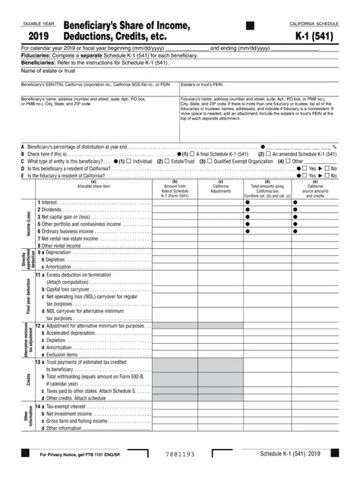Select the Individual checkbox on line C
[x=129, y=161]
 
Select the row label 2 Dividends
[x=52, y=210]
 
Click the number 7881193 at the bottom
[x=178, y=457]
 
